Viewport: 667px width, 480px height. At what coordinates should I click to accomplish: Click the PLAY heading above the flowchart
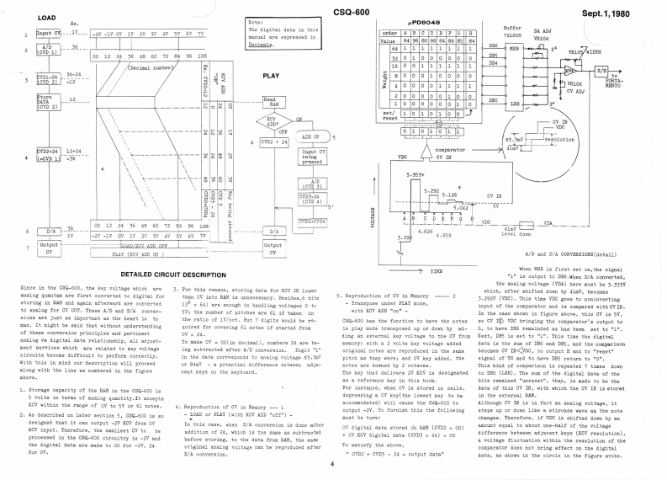[272, 75]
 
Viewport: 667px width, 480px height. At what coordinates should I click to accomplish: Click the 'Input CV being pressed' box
[311, 159]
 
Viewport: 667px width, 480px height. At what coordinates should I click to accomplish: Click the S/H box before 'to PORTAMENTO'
[648, 72]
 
